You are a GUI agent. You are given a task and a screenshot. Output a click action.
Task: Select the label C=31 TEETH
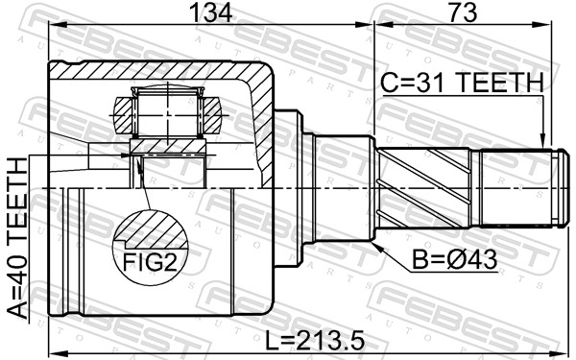click(462, 83)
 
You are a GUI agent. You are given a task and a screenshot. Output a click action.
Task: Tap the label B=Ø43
click(454, 260)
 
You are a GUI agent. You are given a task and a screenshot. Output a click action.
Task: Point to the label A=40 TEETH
click(18, 238)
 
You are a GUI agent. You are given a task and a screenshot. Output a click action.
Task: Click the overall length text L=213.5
click(315, 340)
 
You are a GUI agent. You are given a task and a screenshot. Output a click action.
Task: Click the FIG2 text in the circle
click(150, 262)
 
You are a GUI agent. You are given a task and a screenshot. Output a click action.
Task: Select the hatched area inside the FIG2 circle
click(155, 230)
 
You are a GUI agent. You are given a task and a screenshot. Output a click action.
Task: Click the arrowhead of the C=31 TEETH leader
click(541, 142)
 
